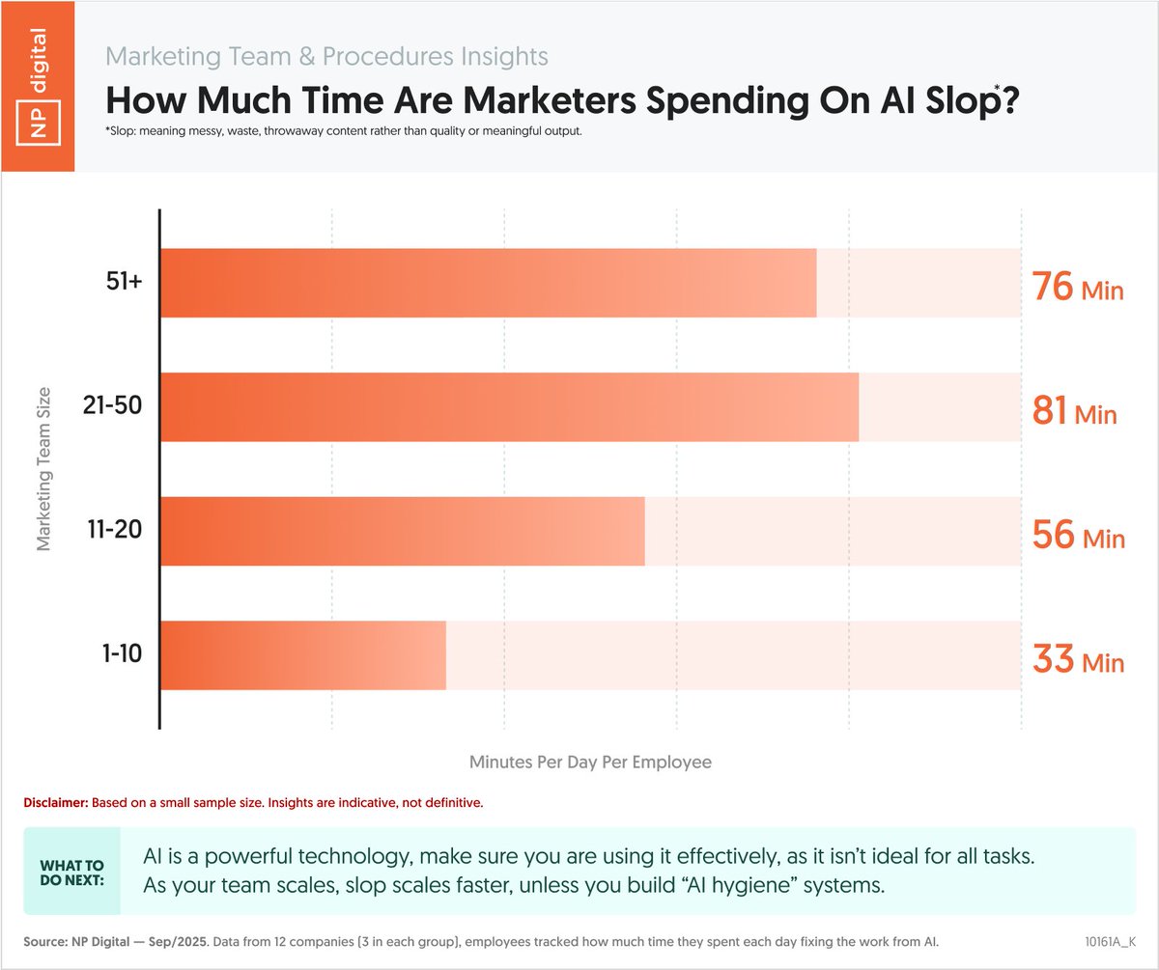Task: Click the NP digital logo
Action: click(37, 86)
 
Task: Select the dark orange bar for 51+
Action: click(488, 283)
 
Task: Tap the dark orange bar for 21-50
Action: click(509, 407)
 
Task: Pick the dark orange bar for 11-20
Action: click(402, 531)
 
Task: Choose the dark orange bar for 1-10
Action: click(303, 655)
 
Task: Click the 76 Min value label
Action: click(1078, 288)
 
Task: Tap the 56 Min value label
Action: click(1078, 536)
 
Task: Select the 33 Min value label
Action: click(1078, 661)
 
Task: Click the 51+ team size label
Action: click(125, 284)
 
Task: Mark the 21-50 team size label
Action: click(112, 406)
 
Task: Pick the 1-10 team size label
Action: click(121, 654)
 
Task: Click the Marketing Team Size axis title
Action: click(43, 469)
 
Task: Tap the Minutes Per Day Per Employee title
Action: click(590, 762)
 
